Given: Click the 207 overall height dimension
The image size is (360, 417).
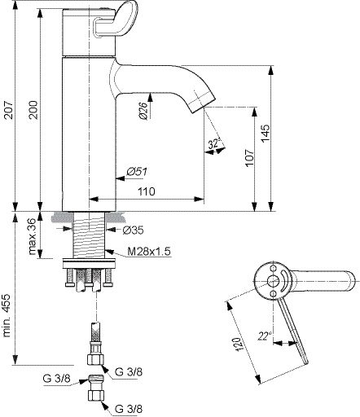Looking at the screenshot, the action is (9, 110).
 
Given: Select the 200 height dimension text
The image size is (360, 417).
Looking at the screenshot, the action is (33, 110).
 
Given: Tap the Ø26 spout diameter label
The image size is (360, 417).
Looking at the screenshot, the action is (143, 111).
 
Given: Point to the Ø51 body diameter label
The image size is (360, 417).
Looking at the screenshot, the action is (137, 172).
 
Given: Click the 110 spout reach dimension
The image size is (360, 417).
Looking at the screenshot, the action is (147, 191).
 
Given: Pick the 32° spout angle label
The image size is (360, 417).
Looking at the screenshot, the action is (214, 144).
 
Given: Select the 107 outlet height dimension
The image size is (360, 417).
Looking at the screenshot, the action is (249, 158).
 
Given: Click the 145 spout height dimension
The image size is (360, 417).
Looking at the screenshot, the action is (266, 133).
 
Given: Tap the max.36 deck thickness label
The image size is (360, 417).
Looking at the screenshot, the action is (33, 236).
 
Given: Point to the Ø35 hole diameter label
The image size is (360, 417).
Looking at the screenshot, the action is (133, 230).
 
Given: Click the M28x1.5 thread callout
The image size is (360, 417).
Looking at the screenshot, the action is (149, 252).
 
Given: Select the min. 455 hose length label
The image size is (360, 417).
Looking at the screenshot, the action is (7, 315).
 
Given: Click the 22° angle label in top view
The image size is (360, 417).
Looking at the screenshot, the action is (264, 336).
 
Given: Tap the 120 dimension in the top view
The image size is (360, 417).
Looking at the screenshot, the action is (237, 345).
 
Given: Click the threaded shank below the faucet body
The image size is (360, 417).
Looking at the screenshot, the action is (89, 235).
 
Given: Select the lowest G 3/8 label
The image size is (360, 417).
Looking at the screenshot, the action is (129, 408).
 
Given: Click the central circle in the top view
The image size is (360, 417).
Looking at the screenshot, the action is (272, 281).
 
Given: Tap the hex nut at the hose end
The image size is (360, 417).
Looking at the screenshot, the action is (95, 359).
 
